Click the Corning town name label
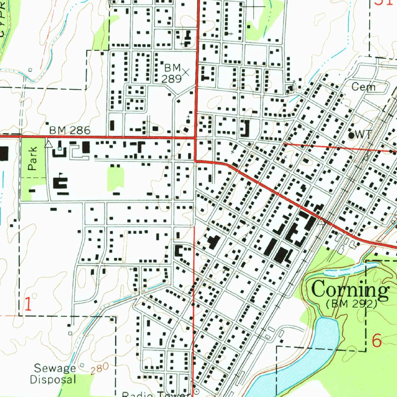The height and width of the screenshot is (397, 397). click(350, 290)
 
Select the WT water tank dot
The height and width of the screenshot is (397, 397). click(352, 135)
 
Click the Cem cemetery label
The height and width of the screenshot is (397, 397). click(363, 87)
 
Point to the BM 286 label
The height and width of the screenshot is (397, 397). click(69, 130)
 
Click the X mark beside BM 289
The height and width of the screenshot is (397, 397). click(186, 72)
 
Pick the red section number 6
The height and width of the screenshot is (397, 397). click(376, 341)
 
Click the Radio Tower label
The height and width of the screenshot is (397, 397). click(155, 394)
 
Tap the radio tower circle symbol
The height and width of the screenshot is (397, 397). click(196, 392)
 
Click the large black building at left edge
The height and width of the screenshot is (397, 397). click(3, 154)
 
